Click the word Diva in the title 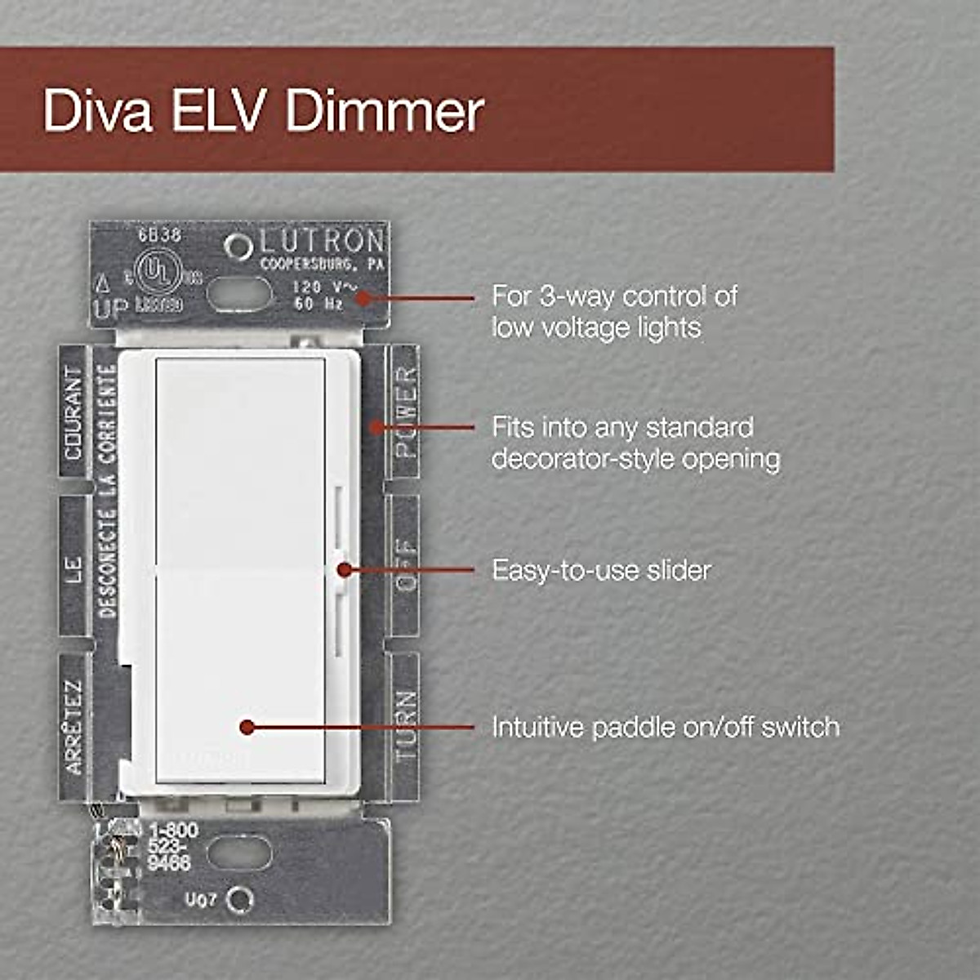click(97, 111)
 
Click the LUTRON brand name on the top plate click(322, 242)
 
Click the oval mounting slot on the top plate click(238, 294)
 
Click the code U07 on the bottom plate click(200, 900)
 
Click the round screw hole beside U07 click(239, 900)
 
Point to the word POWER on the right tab click(405, 411)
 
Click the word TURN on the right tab click(405, 726)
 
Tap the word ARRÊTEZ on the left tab click(73, 726)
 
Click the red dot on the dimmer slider click(345, 569)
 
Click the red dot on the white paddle click(247, 726)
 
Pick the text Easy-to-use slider click(601, 570)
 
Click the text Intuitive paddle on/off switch click(665, 727)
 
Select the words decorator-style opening click(635, 459)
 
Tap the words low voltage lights click(596, 328)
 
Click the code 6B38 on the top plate click(159, 235)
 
